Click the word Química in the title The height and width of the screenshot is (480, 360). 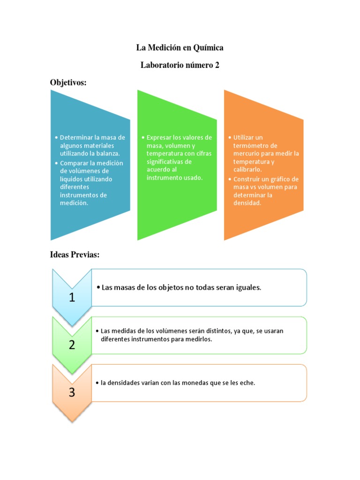(x=208, y=48)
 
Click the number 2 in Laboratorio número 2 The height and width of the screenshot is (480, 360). (x=217, y=66)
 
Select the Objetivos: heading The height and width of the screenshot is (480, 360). (x=68, y=83)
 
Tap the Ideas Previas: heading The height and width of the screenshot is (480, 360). (x=75, y=255)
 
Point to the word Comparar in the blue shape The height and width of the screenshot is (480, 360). (x=74, y=163)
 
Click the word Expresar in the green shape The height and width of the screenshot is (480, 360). (x=159, y=137)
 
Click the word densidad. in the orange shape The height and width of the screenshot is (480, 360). (x=247, y=203)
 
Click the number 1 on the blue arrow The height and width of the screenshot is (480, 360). (x=72, y=297)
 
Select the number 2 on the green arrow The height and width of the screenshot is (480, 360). (x=72, y=345)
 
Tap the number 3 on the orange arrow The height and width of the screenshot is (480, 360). (x=72, y=392)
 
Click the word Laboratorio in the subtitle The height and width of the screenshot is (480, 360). (x=162, y=66)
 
